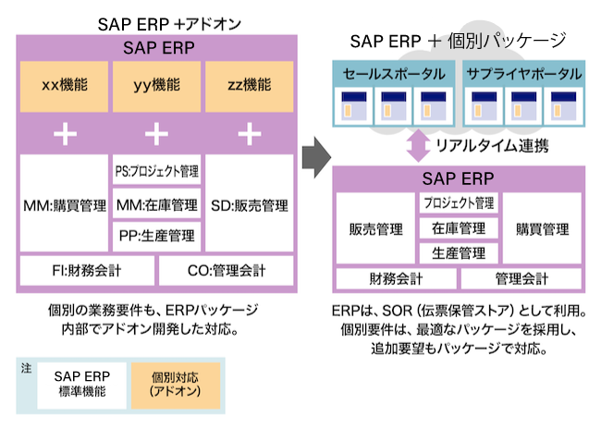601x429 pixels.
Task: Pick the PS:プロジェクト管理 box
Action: (156, 171)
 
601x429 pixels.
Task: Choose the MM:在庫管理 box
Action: (156, 203)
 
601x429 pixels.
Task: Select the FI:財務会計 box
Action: (87, 271)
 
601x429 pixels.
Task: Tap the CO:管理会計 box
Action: (226, 271)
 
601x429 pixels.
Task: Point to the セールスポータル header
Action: (393, 73)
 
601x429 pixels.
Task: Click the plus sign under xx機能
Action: (64, 134)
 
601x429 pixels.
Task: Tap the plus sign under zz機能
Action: (249, 134)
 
